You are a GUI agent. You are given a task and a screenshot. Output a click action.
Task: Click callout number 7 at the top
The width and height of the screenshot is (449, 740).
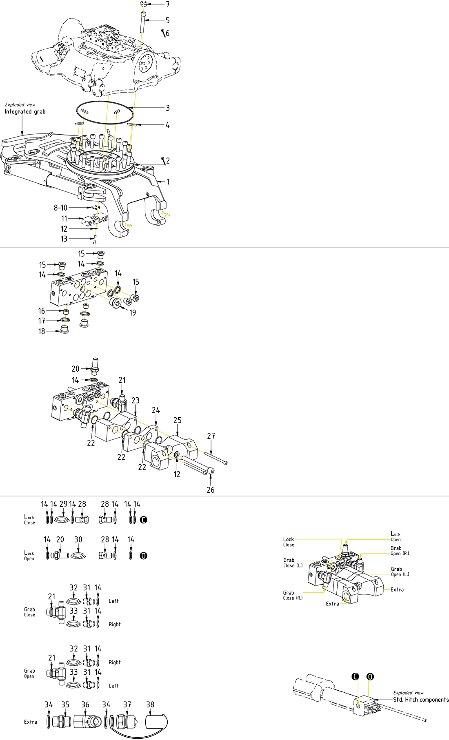pos(168,4)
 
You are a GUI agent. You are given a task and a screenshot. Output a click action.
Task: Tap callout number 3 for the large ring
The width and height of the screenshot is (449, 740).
pos(167,108)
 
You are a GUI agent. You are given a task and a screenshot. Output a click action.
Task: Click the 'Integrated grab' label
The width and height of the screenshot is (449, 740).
pos(25,112)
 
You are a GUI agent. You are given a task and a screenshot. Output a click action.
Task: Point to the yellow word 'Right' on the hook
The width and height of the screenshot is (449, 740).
pos(166,215)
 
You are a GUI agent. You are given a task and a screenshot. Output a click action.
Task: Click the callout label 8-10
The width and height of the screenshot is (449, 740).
pos(60,208)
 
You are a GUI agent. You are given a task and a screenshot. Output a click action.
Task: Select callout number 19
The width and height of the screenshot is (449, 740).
pos(133,312)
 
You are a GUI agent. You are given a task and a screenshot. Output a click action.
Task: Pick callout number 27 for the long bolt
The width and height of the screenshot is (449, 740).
pos(211,436)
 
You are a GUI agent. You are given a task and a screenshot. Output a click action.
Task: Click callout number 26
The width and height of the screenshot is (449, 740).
pos(211,490)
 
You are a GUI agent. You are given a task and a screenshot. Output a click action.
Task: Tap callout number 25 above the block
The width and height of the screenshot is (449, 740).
pos(177,420)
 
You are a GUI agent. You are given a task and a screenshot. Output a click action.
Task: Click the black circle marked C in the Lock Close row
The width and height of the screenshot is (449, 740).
pos(143,520)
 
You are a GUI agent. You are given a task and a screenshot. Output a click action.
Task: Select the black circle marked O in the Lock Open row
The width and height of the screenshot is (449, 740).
pos(143,556)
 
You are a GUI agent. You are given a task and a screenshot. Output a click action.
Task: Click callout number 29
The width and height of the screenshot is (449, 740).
pos(63,504)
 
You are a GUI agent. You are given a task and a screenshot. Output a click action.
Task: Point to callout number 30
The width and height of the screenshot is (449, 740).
pos(78,540)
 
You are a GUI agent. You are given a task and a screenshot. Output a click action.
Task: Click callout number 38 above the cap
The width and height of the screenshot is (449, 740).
pos(150,705)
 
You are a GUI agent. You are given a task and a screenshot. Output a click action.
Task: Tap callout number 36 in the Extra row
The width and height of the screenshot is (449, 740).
pos(85,705)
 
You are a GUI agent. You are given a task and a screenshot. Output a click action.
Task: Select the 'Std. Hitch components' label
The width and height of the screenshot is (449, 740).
pos(421,700)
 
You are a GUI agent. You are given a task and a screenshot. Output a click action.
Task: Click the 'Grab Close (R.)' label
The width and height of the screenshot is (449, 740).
pos(293,595)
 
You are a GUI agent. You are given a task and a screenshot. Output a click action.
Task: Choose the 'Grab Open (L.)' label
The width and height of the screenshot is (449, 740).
pos(400,572)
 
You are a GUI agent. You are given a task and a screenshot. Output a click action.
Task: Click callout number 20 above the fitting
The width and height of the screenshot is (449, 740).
pos(76,369)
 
